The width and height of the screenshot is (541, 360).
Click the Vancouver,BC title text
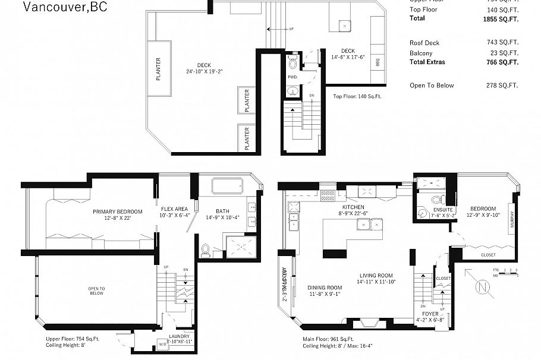[57, 7]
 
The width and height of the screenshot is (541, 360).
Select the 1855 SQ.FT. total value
[502, 19]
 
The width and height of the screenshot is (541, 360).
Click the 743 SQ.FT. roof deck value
[502, 43]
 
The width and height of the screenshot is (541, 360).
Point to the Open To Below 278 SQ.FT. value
[502, 86]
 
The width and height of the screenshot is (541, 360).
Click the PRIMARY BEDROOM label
[117, 211]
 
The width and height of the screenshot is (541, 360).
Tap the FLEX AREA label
[174, 209]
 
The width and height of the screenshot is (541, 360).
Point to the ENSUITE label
[442, 210]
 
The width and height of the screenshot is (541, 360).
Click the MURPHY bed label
[511, 220]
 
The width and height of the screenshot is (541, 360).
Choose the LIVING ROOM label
[376, 275]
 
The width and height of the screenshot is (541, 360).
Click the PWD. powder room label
[292, 77]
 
